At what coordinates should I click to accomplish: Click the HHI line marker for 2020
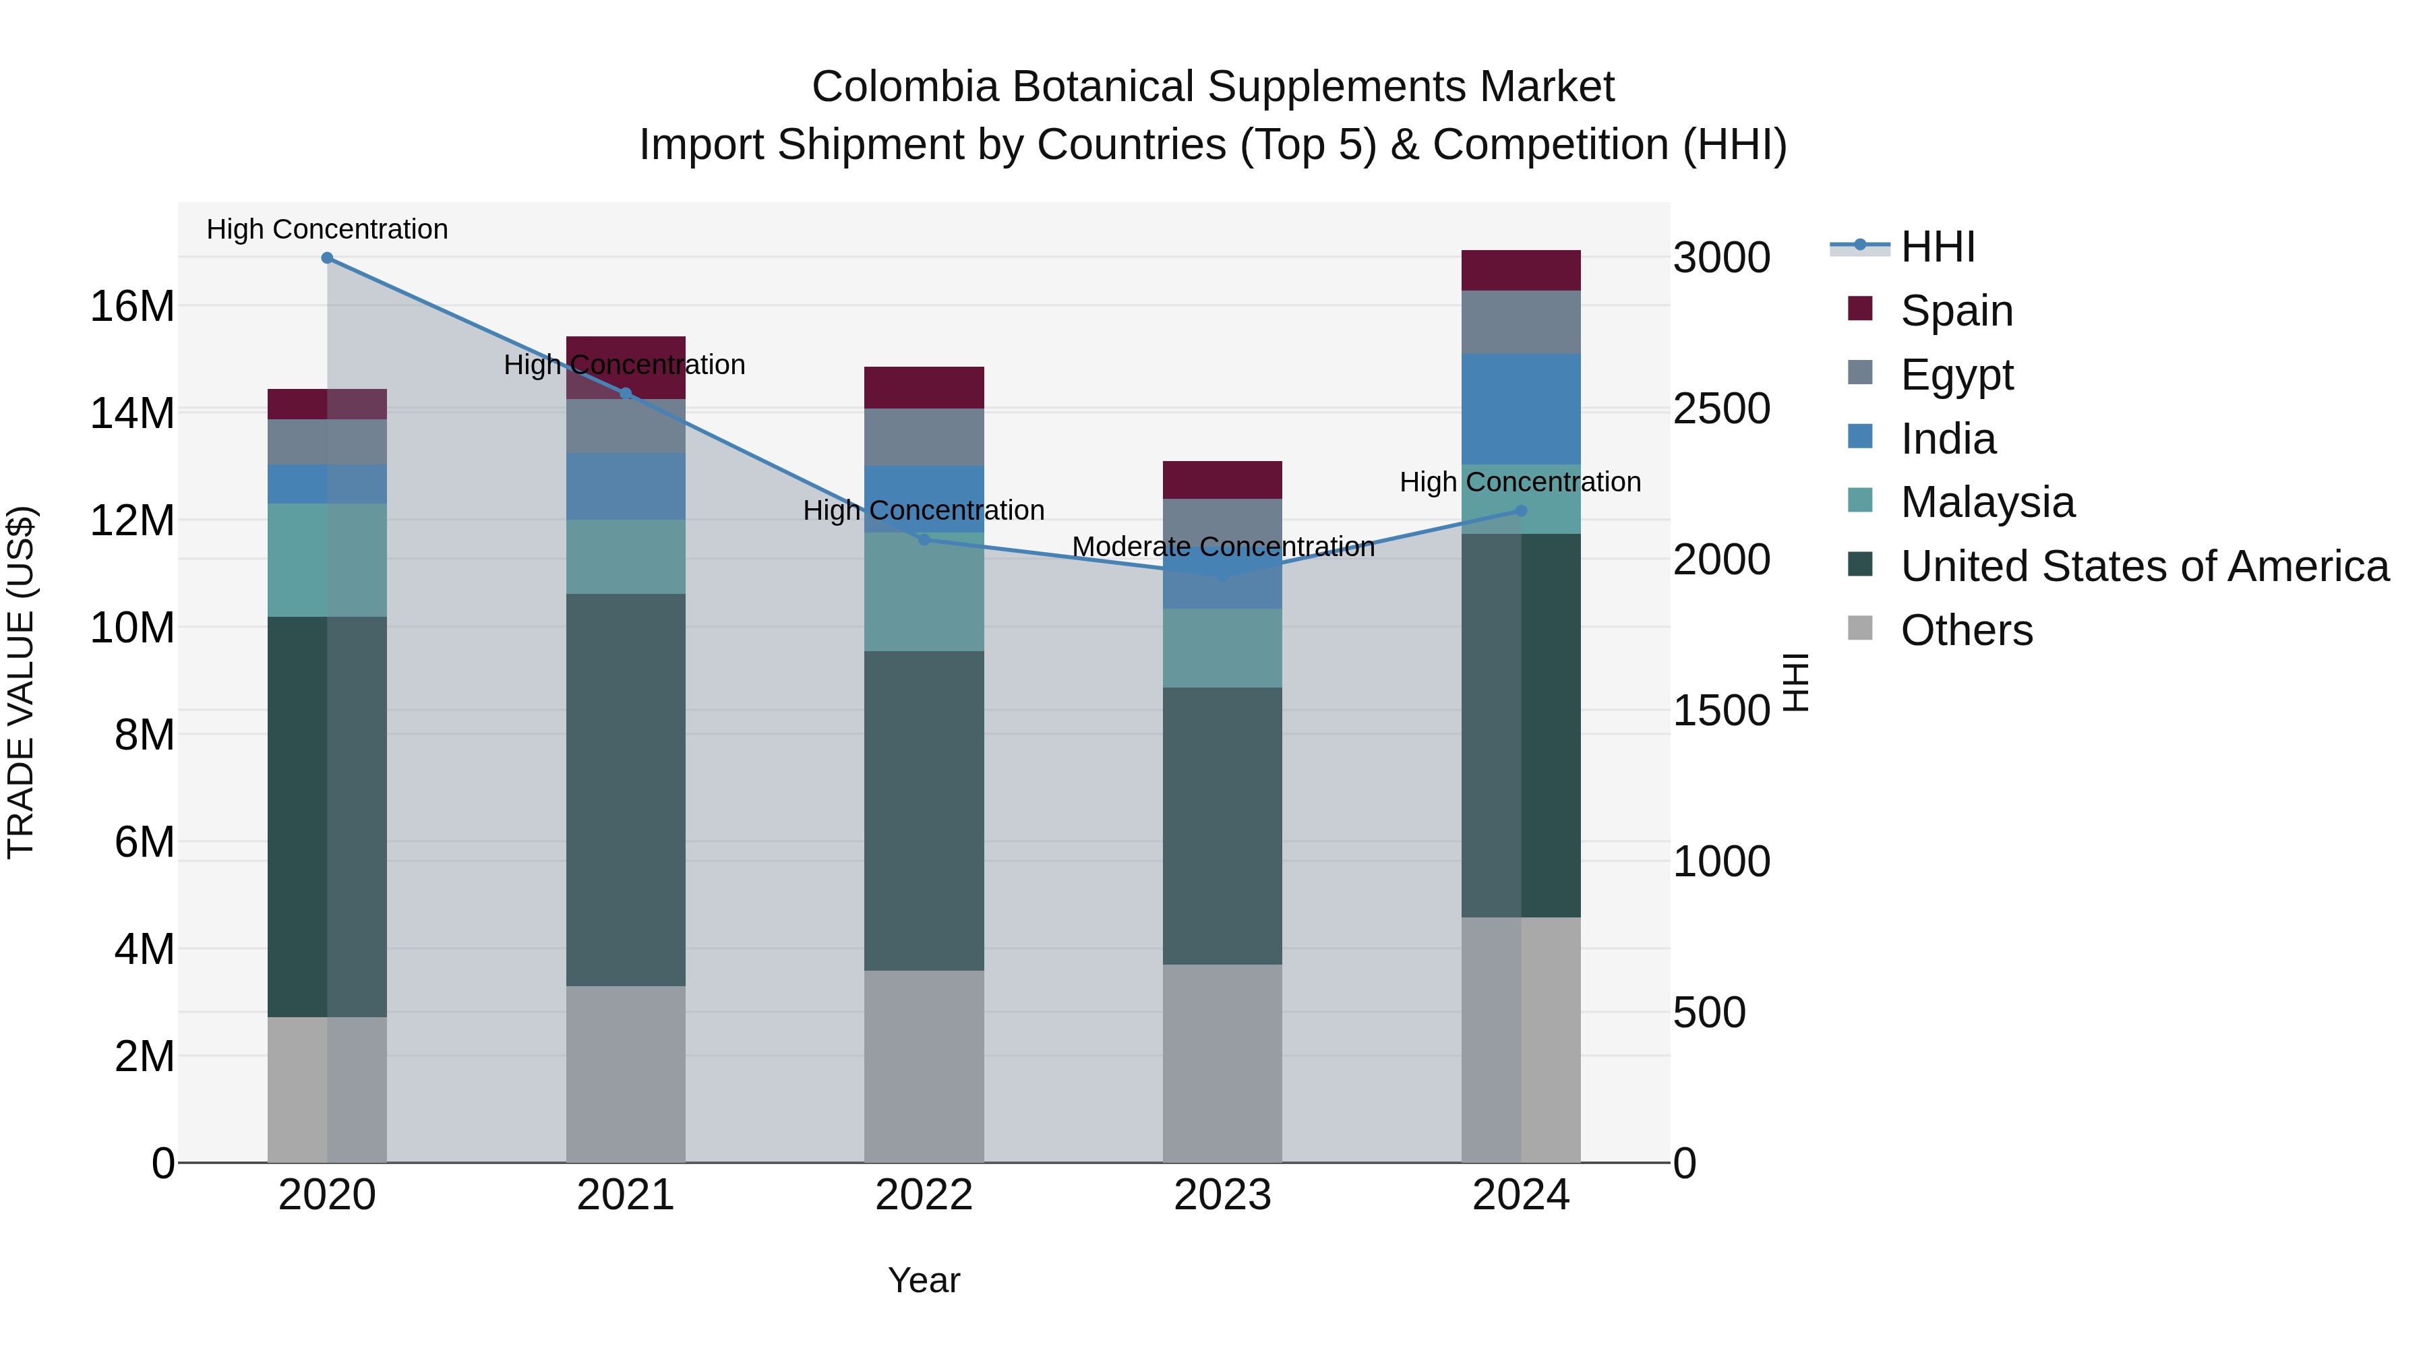coord(327,257)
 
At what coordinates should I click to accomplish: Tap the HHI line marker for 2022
coord(924,540)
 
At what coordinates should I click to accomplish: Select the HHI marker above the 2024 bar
coord(1521,510)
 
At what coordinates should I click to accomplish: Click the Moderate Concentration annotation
coord(1223,547)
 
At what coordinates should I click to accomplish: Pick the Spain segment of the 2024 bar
coord(1521,270)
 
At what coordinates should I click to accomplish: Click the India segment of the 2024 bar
coord(1521,409)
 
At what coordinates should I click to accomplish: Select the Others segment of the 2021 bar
coord(626,1074)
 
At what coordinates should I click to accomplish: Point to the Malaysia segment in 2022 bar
coord(924,593)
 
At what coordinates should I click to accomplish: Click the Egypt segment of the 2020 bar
coord(327,441)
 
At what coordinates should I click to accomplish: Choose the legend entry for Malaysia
coord(1987,502)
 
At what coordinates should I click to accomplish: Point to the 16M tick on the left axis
coord(132,306)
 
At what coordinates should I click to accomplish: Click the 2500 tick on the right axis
coord(1721,409)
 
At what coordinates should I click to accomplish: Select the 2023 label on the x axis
coord(1222,1195)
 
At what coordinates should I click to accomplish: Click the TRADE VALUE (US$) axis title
coord(21,682)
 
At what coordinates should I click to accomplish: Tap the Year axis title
coord(924,1280)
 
